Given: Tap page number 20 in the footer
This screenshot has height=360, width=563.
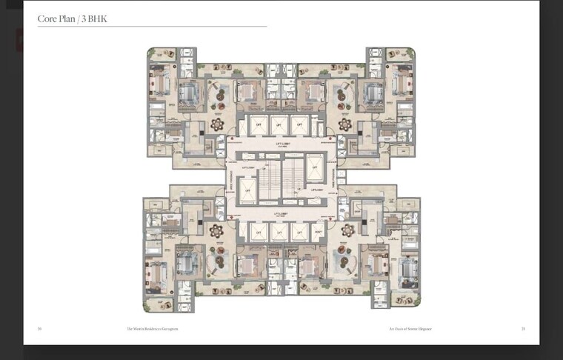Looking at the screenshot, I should pos(39,328).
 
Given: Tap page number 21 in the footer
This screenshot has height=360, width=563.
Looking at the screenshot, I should pos(523,328).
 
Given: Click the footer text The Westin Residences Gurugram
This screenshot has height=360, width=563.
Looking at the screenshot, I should pos(152,328).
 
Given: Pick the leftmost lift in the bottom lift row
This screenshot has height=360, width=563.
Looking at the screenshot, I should pos(259,232).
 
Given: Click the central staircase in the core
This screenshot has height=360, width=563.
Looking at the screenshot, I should pos(281,178).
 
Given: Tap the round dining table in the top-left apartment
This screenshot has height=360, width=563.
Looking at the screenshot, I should pos(217,124).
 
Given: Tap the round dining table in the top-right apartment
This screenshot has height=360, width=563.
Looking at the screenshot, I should pos(344,124).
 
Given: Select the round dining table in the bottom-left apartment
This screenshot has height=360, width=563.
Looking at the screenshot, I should pos(217,231).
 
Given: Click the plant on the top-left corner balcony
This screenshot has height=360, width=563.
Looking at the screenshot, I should pos(153,53).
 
